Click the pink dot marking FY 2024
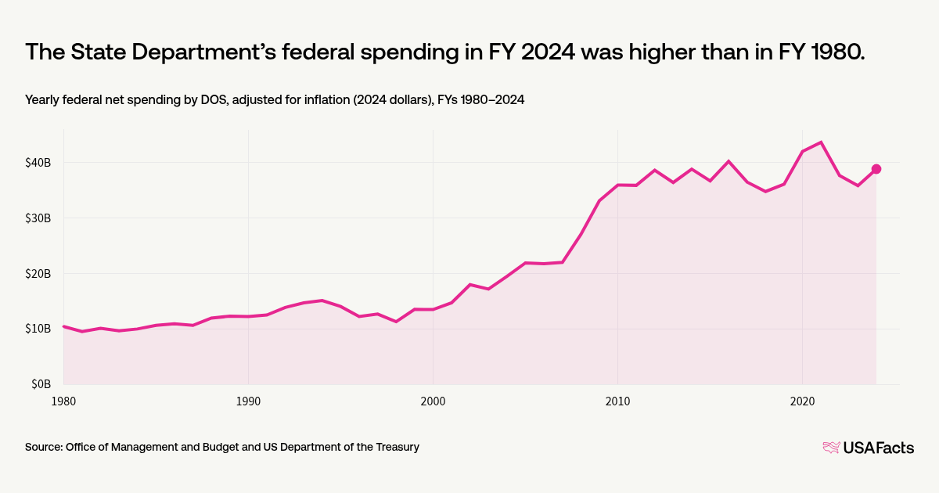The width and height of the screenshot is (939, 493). pos(876,169)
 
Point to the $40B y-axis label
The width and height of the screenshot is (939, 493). pos(38,163)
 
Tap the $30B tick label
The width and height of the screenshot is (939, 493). pos(38,218)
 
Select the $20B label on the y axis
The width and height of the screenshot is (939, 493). pos(38,274)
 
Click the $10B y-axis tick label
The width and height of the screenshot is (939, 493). pos(38,329)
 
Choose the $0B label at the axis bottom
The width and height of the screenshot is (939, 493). pos(41,384)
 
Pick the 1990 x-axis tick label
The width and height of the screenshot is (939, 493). pos(248,401)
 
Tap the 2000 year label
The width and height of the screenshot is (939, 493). pos(433,401)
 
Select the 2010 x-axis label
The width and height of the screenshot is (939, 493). pos(617,401)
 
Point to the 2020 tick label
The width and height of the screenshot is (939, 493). pos(802,401)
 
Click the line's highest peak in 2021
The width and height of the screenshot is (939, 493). pos(820,142)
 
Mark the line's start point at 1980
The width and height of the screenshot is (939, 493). pos(63,326)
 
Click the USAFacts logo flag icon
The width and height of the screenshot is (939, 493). pos(831,448)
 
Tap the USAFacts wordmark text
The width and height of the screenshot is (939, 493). pos(878,448)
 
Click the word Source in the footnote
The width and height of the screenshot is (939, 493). pos(44,447)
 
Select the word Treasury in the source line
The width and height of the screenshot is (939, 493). pos(397,447)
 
